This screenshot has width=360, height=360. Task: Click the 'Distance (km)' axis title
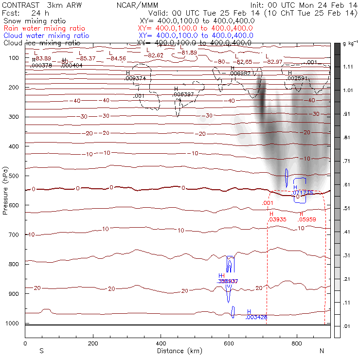(178, 351)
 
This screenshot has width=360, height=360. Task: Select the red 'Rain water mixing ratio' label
(44, 29)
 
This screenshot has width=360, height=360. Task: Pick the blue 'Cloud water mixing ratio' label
(46, 36)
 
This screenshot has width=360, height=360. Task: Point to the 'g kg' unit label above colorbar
(350, 44)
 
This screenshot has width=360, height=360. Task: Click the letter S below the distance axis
(41, 351)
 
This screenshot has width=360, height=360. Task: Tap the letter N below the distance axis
(322, 351)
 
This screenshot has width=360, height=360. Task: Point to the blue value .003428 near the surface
(256, 318)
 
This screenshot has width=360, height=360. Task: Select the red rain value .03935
(277, 219)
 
